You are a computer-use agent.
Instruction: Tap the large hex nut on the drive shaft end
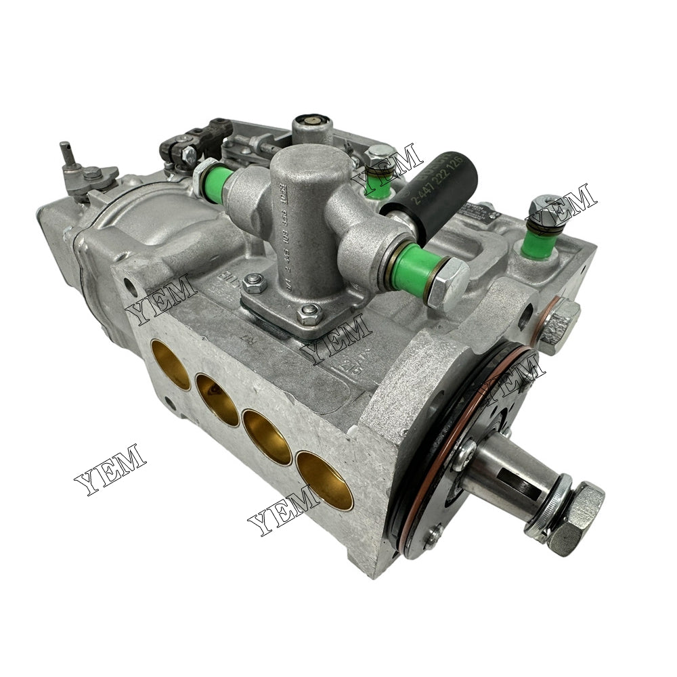pos(575,518)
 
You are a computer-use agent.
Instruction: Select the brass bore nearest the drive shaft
pos(325,480)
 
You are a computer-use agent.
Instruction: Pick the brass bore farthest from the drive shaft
pos(171,364)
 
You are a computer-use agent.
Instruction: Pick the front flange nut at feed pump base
pos(309,313)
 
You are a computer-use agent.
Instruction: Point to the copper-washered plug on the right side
pos(559,324)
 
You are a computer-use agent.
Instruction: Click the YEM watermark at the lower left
pos(110,468)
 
